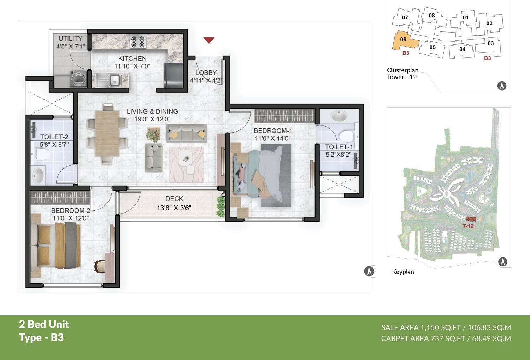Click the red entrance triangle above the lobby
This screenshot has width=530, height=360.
coord(209,40)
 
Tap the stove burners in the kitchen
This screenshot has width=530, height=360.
coord(138,42)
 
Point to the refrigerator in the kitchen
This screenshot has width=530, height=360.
coord(173,75)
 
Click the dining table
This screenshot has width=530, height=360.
coord(107,134)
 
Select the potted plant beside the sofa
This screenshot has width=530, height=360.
coord(153,135)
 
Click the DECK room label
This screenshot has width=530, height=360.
coord(174,199)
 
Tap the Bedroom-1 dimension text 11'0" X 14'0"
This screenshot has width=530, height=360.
coord(272,138)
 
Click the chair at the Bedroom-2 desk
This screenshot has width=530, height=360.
coord(100,266)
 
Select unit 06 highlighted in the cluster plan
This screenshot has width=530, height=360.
coord(404,40)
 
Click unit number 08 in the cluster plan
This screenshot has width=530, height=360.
coord(432,16)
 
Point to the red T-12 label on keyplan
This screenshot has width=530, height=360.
coord(468,226)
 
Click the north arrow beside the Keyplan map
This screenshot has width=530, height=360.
coord(502,262)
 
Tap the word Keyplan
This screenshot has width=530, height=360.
coord(403,272)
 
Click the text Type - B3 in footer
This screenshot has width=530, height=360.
coord(41,338)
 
